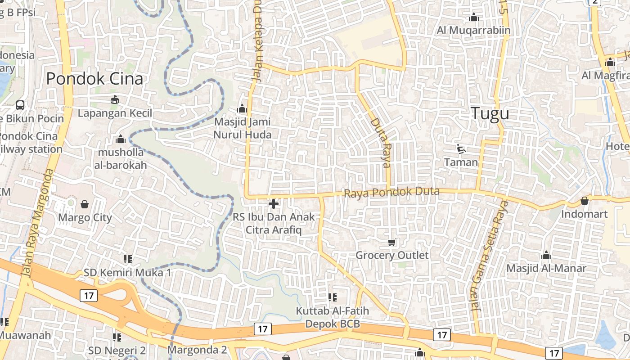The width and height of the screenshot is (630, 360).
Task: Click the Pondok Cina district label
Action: click(94, 79)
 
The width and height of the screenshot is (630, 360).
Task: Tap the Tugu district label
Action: click(490, 113)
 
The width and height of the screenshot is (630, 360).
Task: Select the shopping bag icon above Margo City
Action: click(85, 205)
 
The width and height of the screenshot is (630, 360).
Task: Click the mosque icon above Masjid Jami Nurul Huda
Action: click(242, 108)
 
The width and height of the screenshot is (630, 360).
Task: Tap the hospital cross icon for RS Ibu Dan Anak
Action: click(273, 204)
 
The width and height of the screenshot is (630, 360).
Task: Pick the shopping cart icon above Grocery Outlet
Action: click(392, 243)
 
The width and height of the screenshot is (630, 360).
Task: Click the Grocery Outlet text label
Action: click(392, 255)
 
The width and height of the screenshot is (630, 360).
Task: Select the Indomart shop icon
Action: click(585, 201)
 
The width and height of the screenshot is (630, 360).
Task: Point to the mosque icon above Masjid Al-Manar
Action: click(546, 256)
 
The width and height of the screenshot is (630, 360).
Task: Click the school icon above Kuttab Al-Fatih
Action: click(333, 297)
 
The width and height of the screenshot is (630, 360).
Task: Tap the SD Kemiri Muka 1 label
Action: click(127, 273)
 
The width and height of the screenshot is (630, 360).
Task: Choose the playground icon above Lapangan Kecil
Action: click(115, 99)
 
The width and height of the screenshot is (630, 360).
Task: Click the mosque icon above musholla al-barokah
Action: click(120, 139)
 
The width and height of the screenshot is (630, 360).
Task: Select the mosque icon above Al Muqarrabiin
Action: click(473, 18)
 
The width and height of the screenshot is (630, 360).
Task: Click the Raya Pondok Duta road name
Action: click(391, 193)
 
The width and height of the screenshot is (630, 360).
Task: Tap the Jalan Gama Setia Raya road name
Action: click(488, 256)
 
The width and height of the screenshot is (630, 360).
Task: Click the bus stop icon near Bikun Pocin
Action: click(20, 105)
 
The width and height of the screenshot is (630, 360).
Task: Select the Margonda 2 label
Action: click(197, 349)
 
